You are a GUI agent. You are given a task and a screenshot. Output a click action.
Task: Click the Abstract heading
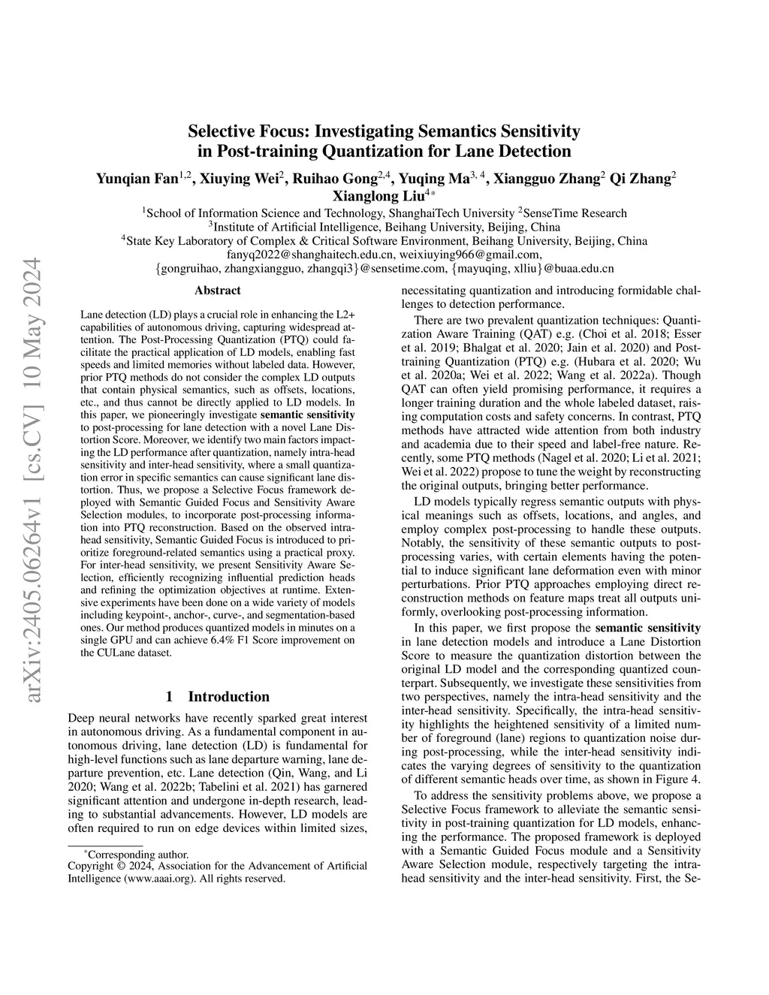[218, 291]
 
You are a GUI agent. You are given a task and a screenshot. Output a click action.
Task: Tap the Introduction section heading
[228, 696]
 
